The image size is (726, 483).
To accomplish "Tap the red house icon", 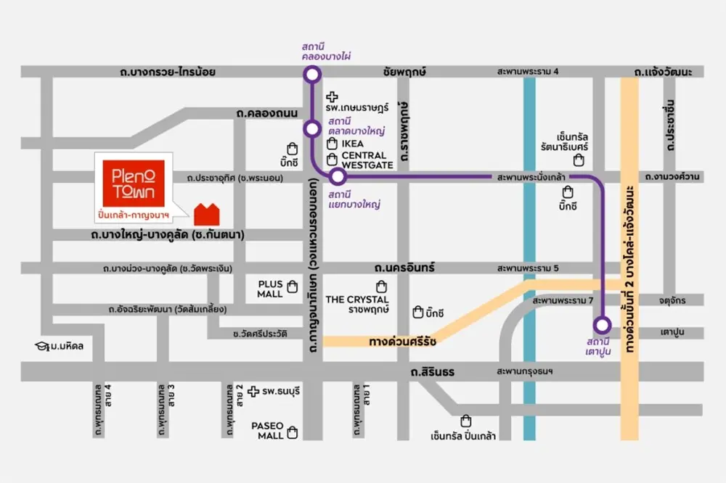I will tap(207, 214).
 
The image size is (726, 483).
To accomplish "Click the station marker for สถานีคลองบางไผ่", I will tap(312, 73).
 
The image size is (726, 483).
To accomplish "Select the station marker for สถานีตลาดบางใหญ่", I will tap(312, 129).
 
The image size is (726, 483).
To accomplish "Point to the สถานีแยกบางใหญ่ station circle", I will tap(337, 176).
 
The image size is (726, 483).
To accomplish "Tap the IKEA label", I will tap(353, 144).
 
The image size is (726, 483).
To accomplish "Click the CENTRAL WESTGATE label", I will tap(367, 160).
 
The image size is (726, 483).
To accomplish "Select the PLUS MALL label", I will tap(269, 289).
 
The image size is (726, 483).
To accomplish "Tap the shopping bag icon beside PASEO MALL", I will tap(293, 433).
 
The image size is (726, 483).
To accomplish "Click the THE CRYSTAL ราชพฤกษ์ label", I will tap(357, 304).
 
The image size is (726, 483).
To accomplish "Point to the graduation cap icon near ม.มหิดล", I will tap(40, 346).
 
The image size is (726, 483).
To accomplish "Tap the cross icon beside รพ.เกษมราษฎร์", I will tap(332, 96).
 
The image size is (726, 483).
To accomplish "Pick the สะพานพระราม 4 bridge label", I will tap(528, 72).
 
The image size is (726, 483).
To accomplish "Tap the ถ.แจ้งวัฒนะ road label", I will tap(663, 72).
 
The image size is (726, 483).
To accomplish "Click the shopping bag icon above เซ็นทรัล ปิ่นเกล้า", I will tap(465, 420).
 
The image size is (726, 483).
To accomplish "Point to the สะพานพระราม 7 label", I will tap(563, 300).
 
